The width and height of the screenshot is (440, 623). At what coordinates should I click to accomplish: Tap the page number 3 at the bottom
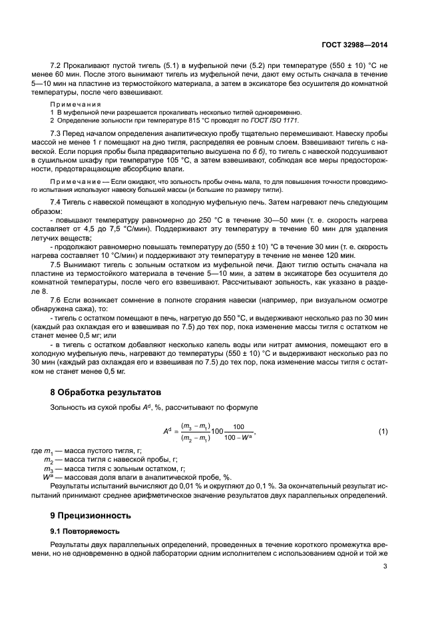click(x=385, y=567)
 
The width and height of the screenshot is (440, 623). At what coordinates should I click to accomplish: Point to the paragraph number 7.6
click(x=57, y=300)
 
